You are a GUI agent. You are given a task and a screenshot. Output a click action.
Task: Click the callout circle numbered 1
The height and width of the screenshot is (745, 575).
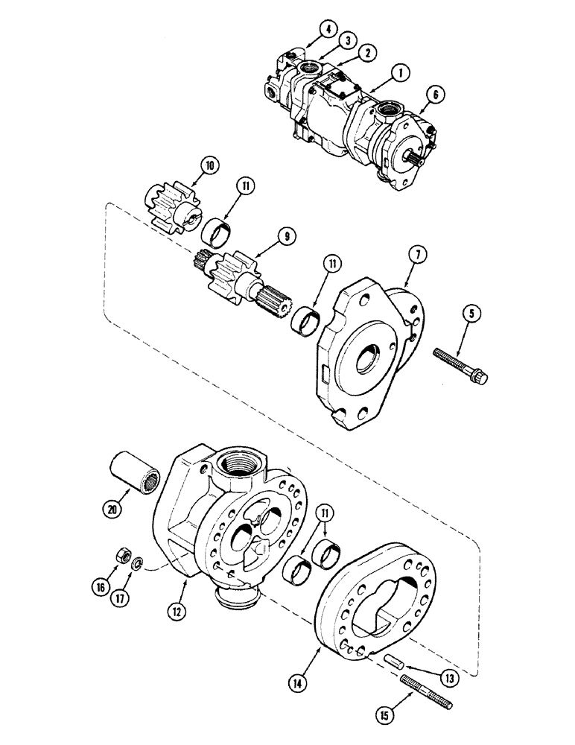tap(400, 72)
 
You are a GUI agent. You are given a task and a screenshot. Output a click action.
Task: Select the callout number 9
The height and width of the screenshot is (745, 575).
tap(287, 238)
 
